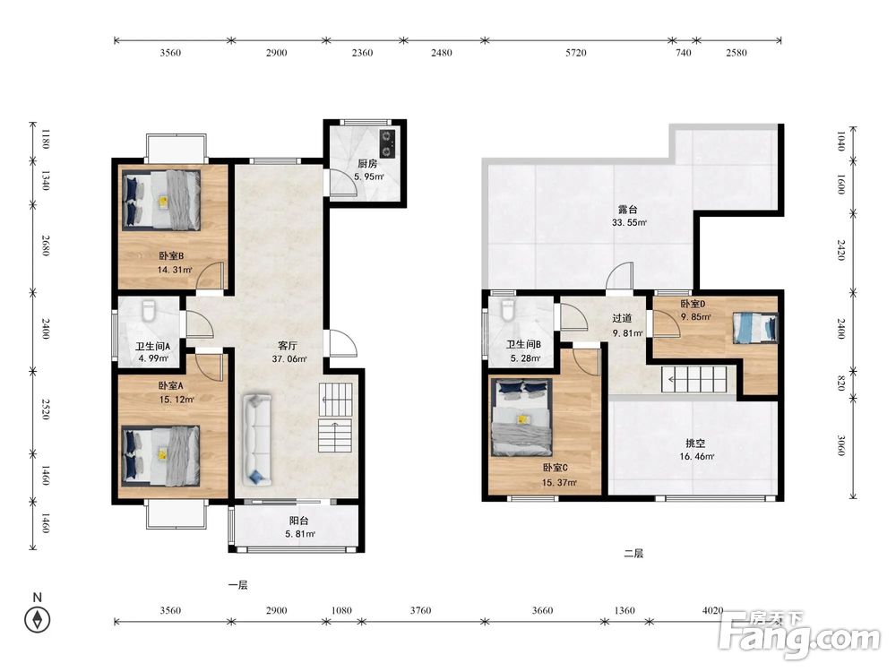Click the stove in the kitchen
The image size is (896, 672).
click(388, 143)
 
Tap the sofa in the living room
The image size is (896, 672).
click(257, 439)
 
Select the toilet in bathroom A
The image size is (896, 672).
click(149, 312)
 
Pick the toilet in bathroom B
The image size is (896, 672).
click(507, 311)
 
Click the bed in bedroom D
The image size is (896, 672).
click(755, 328)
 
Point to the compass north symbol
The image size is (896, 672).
click(38, 619)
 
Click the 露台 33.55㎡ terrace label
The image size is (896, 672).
click(629, 216)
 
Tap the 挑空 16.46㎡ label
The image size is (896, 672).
click(696, 449)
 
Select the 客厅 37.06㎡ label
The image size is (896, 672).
click(289, 352)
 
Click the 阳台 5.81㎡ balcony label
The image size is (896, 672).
click(300, 527)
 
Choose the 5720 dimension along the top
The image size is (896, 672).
click(576, 53)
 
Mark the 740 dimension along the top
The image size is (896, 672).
click(684, 53)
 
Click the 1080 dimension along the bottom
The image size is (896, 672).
click(341, 610)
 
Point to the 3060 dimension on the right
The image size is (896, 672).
click(841, 445)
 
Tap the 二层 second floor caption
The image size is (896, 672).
click(633, 553)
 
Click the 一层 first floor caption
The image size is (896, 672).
click(237, 585)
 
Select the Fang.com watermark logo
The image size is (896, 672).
click(799, 634)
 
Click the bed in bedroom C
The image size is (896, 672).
click(522, 418)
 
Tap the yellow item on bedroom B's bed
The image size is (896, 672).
click(163, 201)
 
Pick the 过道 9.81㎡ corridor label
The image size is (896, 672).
click(626, 325)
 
